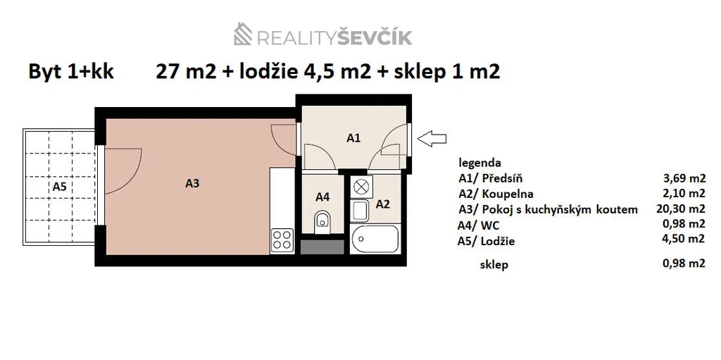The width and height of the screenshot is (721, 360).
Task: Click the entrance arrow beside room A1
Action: click(x=432, y=139)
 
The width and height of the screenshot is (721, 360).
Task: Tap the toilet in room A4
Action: click(x=322, y=220)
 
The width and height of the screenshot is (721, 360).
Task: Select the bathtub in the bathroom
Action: click(x=375, y=239)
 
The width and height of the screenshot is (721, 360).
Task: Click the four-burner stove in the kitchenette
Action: click(x=282, y=240)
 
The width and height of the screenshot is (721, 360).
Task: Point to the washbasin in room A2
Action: click(x=360, y=211)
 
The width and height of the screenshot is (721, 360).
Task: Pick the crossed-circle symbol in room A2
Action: click(x=361, y=187)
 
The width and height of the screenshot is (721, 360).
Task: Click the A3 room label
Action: click(x=192, y=183)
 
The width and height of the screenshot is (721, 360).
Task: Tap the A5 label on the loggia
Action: click(x=60, y=187)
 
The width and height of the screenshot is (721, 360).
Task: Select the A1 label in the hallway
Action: click(x=353, y=138)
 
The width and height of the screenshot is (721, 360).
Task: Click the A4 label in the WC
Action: click(x=322, y=197)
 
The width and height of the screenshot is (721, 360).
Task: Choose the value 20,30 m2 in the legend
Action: click(x=681, y=209)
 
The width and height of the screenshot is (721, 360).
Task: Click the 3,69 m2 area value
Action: click(x=684, y=178)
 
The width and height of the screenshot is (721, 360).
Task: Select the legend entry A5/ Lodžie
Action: click(x=487, y=241)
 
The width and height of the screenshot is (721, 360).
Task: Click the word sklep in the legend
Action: click(x=494, y=265)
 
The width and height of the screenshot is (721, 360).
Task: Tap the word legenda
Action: click(x=480, y=163)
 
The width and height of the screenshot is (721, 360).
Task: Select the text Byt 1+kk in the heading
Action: click(x=71, y=73)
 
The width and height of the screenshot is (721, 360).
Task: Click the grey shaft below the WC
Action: click(x=322, y=247)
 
